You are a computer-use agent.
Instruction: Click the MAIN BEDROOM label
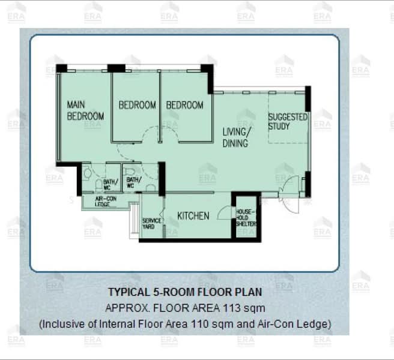pyautogui.click(x=85, y=110)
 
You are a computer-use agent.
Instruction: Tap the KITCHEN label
pyautogui.click(x=193, y=216)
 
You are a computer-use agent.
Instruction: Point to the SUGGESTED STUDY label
pyautogui.click(x=288, y=122)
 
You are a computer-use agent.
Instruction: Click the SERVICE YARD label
pyautogui.click(x=151, y=223)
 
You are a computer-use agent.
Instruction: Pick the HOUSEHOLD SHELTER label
pyautogui.click(x=246, y=218)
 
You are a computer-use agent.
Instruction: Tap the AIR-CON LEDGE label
pyautogui.click(x=106, y=202)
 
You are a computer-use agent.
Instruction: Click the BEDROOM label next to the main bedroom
pyautogui.click(x=137, y=105)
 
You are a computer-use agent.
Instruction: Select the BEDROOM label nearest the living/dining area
pyautogui.click(x=185, y=105)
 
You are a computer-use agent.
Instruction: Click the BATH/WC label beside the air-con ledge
pyautogui.click(x=111, y=184)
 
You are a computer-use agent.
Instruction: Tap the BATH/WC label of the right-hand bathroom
pyautogui.click(x=134, y=182)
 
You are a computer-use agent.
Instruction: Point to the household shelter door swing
pyautogui.click(x=225, y=212)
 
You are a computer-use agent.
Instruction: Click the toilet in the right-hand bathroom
pyautogui.click(x=130, y=172)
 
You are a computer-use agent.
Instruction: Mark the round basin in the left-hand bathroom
pyautogui.click(x=87, y=173)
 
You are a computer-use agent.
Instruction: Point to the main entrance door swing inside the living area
pyautogui.click(x=289, y=185)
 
